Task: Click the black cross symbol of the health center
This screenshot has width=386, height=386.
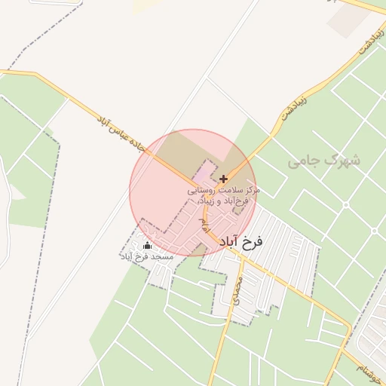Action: coord(223,179)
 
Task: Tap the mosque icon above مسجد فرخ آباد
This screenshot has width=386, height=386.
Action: coord(146,246)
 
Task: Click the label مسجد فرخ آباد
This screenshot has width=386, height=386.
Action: coord(147,257)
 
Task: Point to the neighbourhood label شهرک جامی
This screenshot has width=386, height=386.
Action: coord(325,161)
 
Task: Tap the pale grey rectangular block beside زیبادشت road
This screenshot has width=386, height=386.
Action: coord(348,22)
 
